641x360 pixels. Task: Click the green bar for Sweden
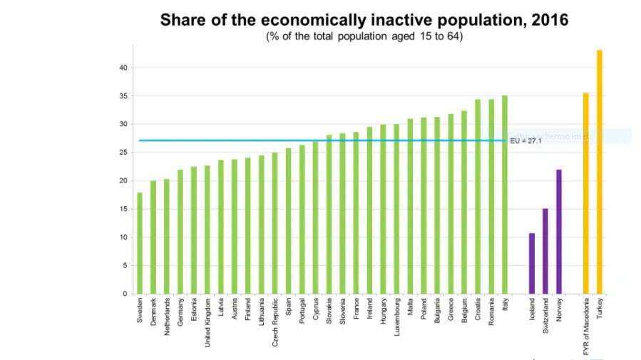click(x=140, y=243)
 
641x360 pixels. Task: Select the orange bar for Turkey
click(x=600, y=172)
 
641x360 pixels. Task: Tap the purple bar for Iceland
click(x=532, y=263)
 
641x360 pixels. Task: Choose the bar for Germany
click(x=180, y=232)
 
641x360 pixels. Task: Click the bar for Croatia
click(x=478, y=197)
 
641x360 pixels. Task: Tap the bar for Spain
click(x=289, y=221)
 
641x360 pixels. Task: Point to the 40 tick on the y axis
click(x=123, y=68)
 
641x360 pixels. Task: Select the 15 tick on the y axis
click(x=123, y=209)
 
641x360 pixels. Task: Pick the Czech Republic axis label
click(x=275, y=322)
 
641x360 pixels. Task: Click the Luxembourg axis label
click(x=396, y=320)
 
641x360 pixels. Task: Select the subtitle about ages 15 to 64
click(x=364, y=36)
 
